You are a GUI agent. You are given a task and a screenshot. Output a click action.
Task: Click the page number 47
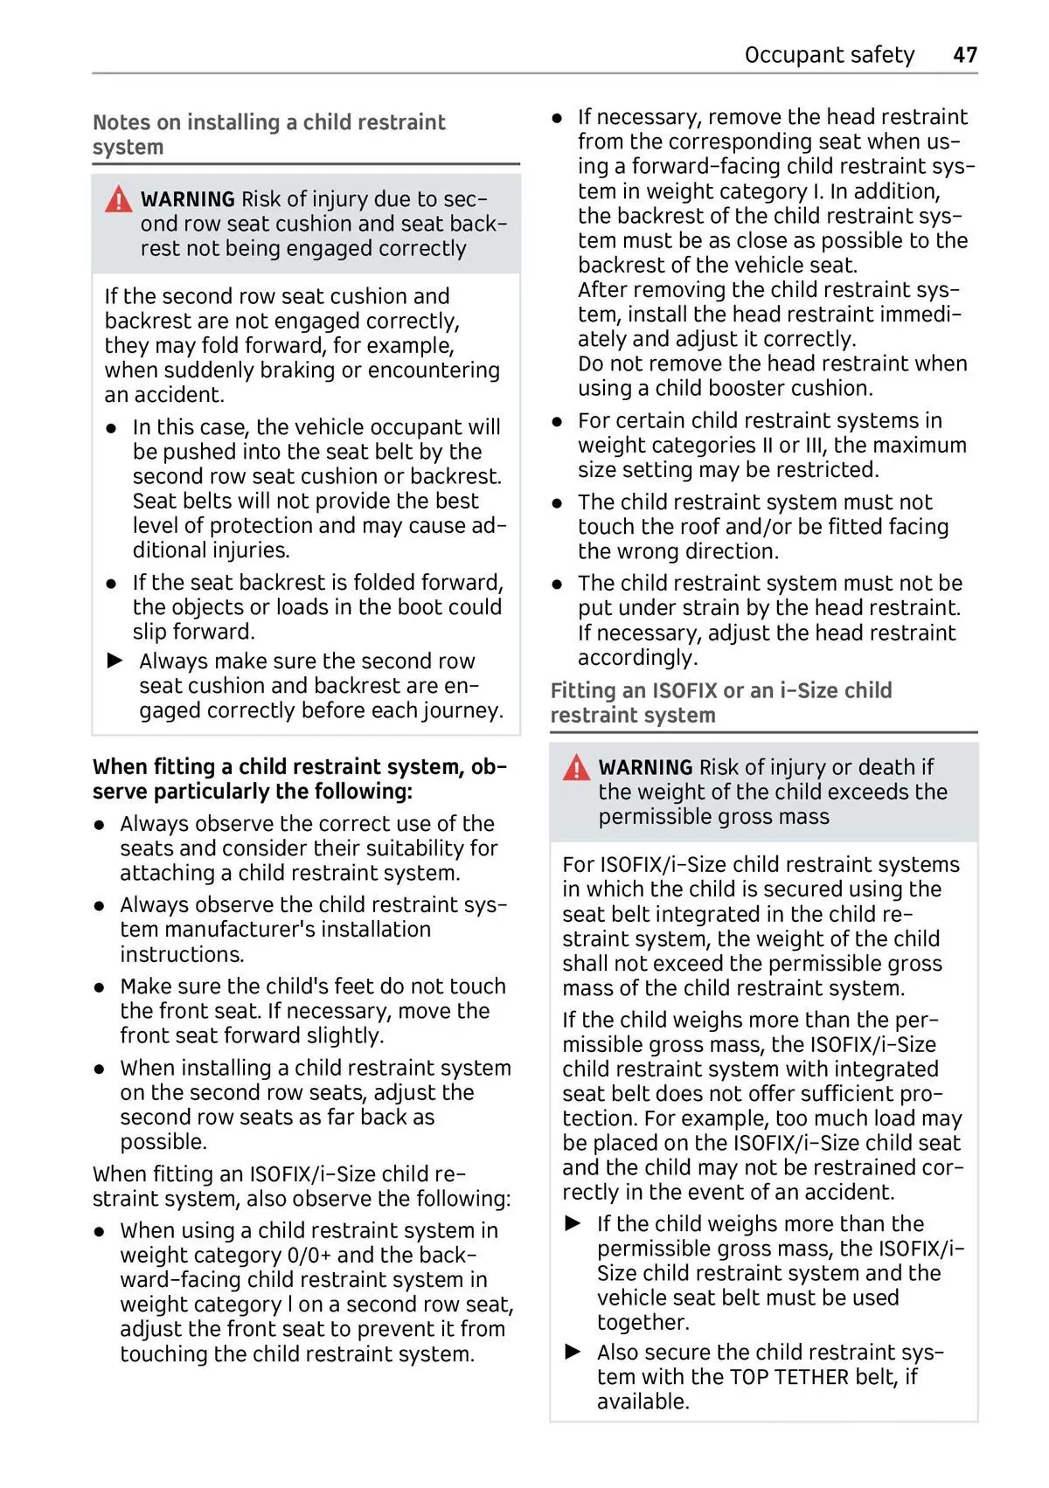964,55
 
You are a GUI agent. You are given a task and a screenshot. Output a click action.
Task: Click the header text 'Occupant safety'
829,55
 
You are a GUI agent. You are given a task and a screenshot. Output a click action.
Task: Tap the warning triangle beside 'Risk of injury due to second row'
118,200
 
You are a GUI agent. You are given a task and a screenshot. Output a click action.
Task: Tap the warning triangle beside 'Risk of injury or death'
576,768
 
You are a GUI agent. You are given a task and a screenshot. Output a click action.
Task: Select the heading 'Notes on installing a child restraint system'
268,135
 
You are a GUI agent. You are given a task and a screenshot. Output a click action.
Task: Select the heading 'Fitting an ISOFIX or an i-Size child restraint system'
720,702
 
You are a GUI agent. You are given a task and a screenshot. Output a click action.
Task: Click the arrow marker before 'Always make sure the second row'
115,661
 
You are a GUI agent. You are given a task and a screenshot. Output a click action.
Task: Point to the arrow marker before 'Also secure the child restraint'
573,1352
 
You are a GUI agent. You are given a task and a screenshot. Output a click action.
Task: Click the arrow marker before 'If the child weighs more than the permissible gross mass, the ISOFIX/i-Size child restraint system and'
573,1223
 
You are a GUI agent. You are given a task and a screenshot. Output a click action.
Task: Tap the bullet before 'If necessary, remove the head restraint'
557,117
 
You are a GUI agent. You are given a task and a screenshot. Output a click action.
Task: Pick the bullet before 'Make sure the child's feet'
101,987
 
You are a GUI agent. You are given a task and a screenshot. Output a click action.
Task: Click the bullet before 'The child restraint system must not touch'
557,503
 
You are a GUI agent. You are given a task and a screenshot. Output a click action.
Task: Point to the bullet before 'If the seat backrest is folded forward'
111,584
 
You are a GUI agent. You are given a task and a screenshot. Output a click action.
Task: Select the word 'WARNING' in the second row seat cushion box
187,199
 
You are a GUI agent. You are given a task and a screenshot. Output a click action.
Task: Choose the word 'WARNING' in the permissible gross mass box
645,767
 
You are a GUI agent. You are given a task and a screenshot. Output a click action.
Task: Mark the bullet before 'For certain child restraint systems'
557,422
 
